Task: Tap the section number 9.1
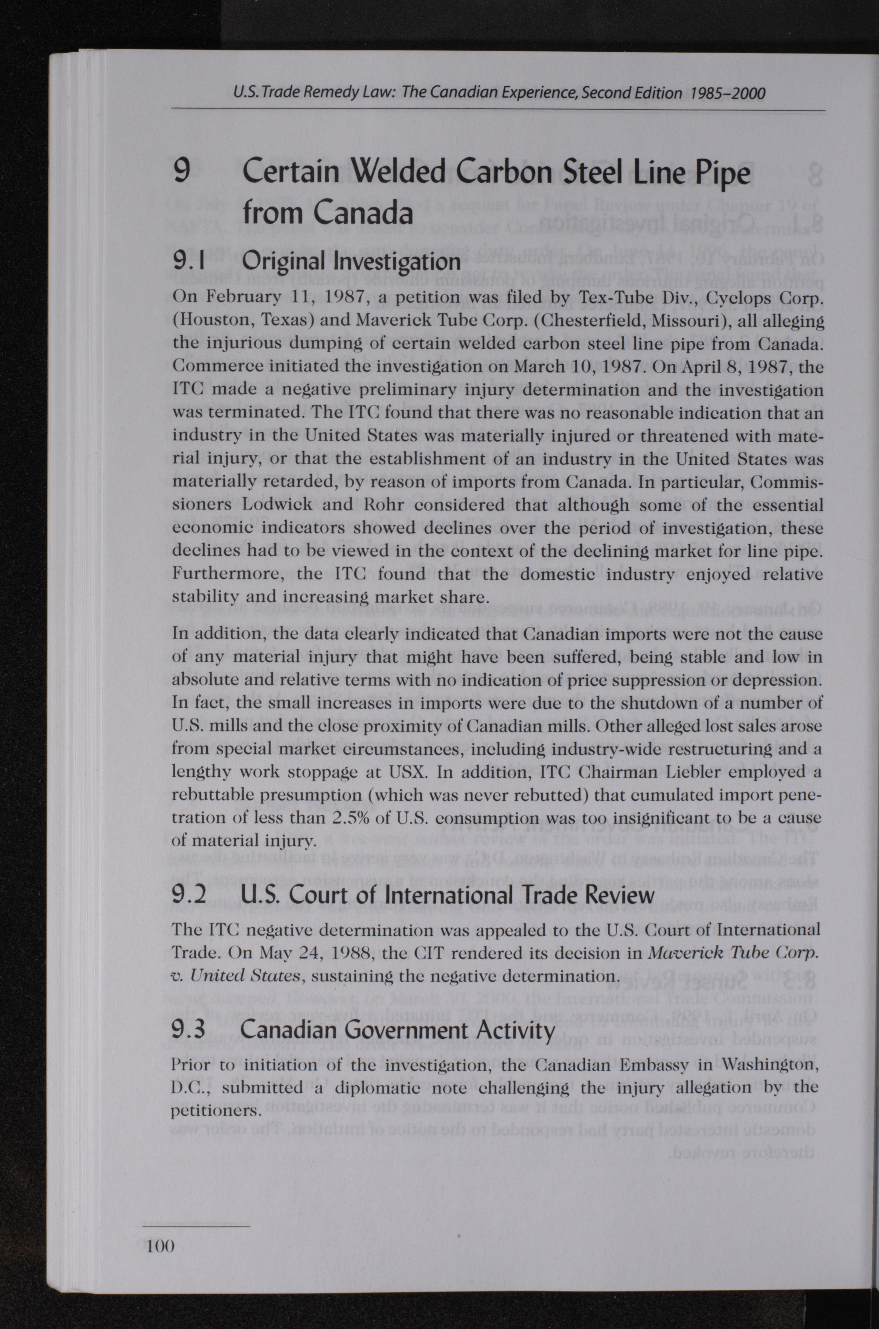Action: pos(188,260)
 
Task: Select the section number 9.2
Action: pos(189,895)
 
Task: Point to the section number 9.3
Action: pos(188,1030)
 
